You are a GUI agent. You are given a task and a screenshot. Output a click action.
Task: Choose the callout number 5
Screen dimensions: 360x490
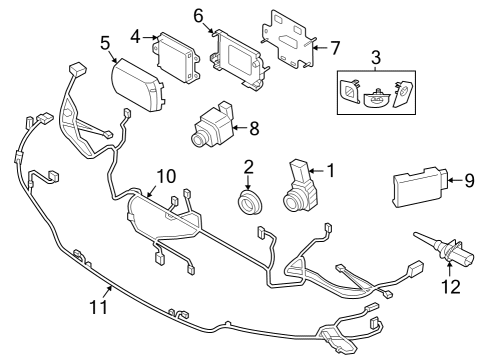pyautogui.click(x=105, y=43)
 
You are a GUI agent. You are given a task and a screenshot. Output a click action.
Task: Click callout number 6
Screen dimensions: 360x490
pyautogui.click(x=198, y=16)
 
